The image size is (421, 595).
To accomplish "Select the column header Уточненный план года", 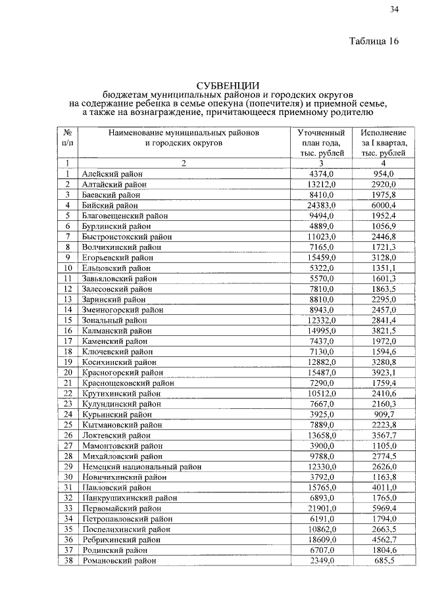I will coord(321,143).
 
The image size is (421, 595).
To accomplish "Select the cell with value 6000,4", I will coord(384,205).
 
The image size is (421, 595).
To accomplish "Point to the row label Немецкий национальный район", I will coord(141,466).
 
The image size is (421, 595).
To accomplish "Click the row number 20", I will coord(67,372).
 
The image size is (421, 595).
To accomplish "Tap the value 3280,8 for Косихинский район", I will coord(384,362).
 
